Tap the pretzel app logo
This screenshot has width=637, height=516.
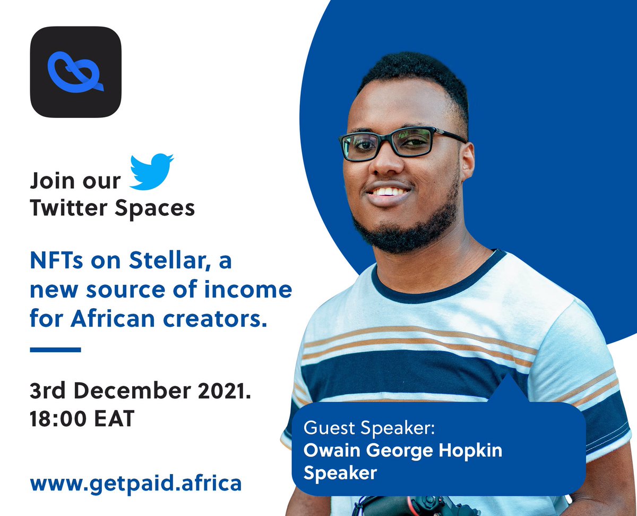[75, 72]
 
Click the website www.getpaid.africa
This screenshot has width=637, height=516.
[136, 483]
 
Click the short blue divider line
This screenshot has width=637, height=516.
[55, 350]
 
